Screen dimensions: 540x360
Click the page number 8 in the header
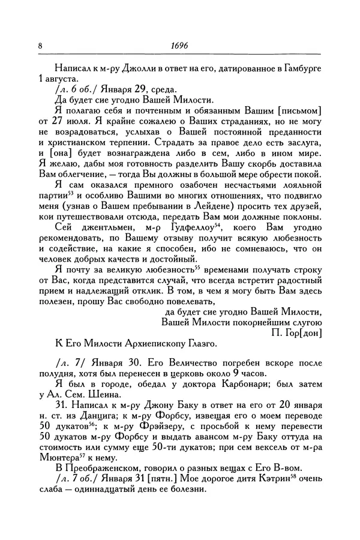click(40, 45)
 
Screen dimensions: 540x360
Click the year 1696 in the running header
click(179, 45)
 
